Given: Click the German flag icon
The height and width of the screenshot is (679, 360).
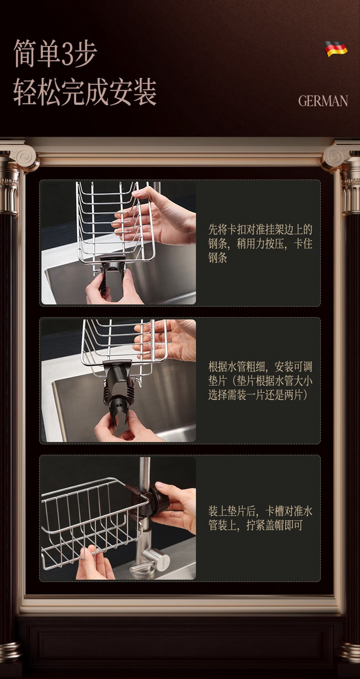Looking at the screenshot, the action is point(336,49).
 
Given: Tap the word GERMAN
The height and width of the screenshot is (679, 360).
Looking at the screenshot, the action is point(323,101).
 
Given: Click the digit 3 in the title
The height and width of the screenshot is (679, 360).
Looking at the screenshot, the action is point(68,53).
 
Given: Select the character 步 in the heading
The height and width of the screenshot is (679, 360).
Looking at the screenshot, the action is point(86,53).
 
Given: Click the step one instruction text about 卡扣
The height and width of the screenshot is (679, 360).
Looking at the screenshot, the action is point(260,243).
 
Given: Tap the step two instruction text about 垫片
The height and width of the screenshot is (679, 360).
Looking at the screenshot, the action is point(260,381).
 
